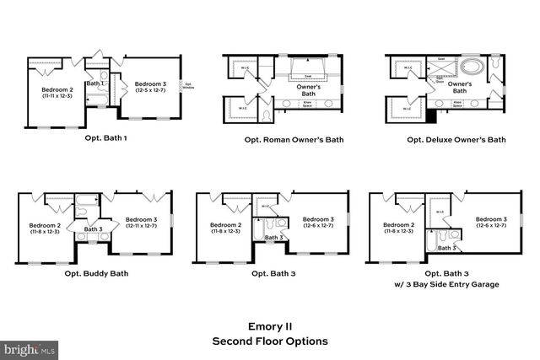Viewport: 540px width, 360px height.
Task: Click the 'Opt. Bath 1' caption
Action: [x=105, y=138]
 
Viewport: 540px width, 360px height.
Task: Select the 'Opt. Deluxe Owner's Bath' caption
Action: [x=456, y=140]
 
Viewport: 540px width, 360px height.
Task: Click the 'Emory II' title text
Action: [x=270, y=325]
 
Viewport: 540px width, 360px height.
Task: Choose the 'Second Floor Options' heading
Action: [x=270, y=341]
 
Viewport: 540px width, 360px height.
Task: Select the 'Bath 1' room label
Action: [x=95, y=83]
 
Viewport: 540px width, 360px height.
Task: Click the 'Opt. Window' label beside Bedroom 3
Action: [x=188, y=87]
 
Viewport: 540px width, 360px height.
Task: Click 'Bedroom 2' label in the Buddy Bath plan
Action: [x=45, y=225]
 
